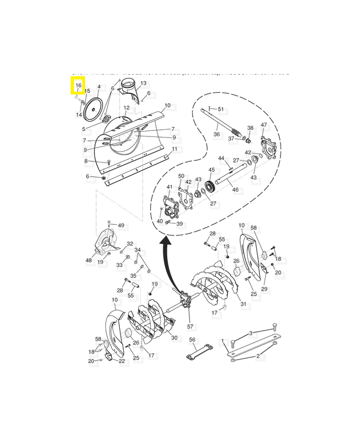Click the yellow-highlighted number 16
78,86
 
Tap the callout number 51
221,109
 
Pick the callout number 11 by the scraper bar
174,149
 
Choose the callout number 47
264,125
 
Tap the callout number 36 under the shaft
216,134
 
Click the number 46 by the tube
235,190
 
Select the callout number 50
181,176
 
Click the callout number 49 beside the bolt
121,225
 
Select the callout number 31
243,304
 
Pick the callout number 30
174,338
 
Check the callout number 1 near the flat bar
223,341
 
